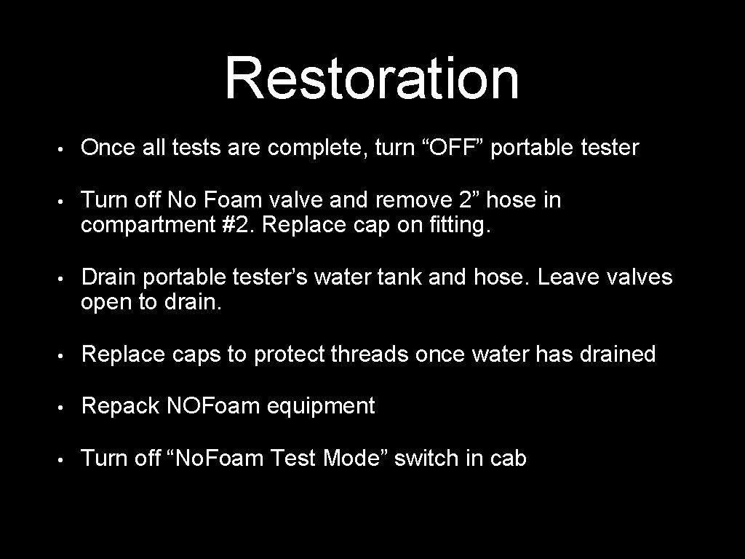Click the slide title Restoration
coord(372,78)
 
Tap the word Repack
coord(121,406)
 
